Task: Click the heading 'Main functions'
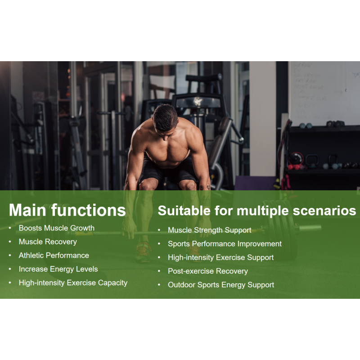67,210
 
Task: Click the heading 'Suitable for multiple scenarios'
256,211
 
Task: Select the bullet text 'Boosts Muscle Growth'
56,228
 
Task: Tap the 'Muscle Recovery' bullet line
48,242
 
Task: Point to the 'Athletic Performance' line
54,255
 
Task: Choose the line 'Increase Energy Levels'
58,269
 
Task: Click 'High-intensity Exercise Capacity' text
73,283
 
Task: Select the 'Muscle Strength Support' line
209,230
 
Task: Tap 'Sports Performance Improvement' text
225,244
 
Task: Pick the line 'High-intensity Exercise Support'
220,257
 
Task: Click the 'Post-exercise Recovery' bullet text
207,271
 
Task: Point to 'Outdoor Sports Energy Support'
220,285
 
